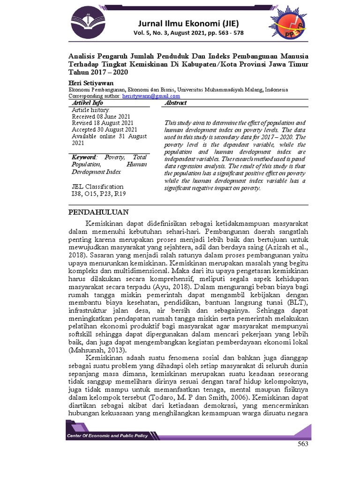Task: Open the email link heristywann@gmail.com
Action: pos(150,96)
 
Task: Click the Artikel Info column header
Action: pos(88,103)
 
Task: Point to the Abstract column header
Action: pos(176,103)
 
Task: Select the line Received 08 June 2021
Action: pos(100,116)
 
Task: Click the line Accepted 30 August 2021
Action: pos(104,129)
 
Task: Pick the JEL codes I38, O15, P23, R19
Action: pos(98,193)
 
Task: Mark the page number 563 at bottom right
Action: pos(305,443)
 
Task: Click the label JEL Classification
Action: pos(97,186)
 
